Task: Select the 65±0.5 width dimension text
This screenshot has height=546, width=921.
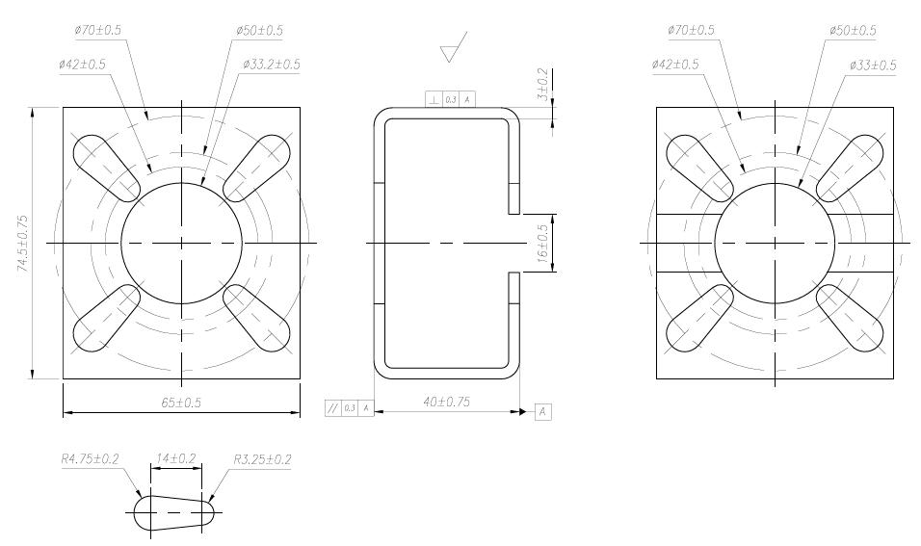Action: click(x=180, y=403)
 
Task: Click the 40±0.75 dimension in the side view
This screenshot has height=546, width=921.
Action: click(x=445, y=403)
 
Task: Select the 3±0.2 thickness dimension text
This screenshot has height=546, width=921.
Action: click(x=544, y=85)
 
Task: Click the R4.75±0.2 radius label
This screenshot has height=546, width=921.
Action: click(x=90, y=459)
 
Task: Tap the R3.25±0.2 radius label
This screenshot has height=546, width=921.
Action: click(x=262, y=459)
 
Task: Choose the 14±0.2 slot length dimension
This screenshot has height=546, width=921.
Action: click(x=175, y=459)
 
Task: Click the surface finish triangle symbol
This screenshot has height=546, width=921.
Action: click(x=453, y=48)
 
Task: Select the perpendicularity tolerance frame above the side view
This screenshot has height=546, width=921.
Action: click(x=450, y=99)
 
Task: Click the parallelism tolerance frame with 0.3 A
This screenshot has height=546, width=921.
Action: click(x=349, y=409)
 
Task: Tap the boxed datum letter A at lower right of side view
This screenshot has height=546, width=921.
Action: click(x=543, y=411)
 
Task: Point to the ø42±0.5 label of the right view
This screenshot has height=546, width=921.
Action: click(x=675, y=64)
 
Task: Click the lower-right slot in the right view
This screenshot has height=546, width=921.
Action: click(x=850, y=319)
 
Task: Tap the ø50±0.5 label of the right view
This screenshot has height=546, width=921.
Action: click(x=853, y=30)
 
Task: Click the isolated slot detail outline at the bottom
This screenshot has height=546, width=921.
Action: click(x=174, y=510)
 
